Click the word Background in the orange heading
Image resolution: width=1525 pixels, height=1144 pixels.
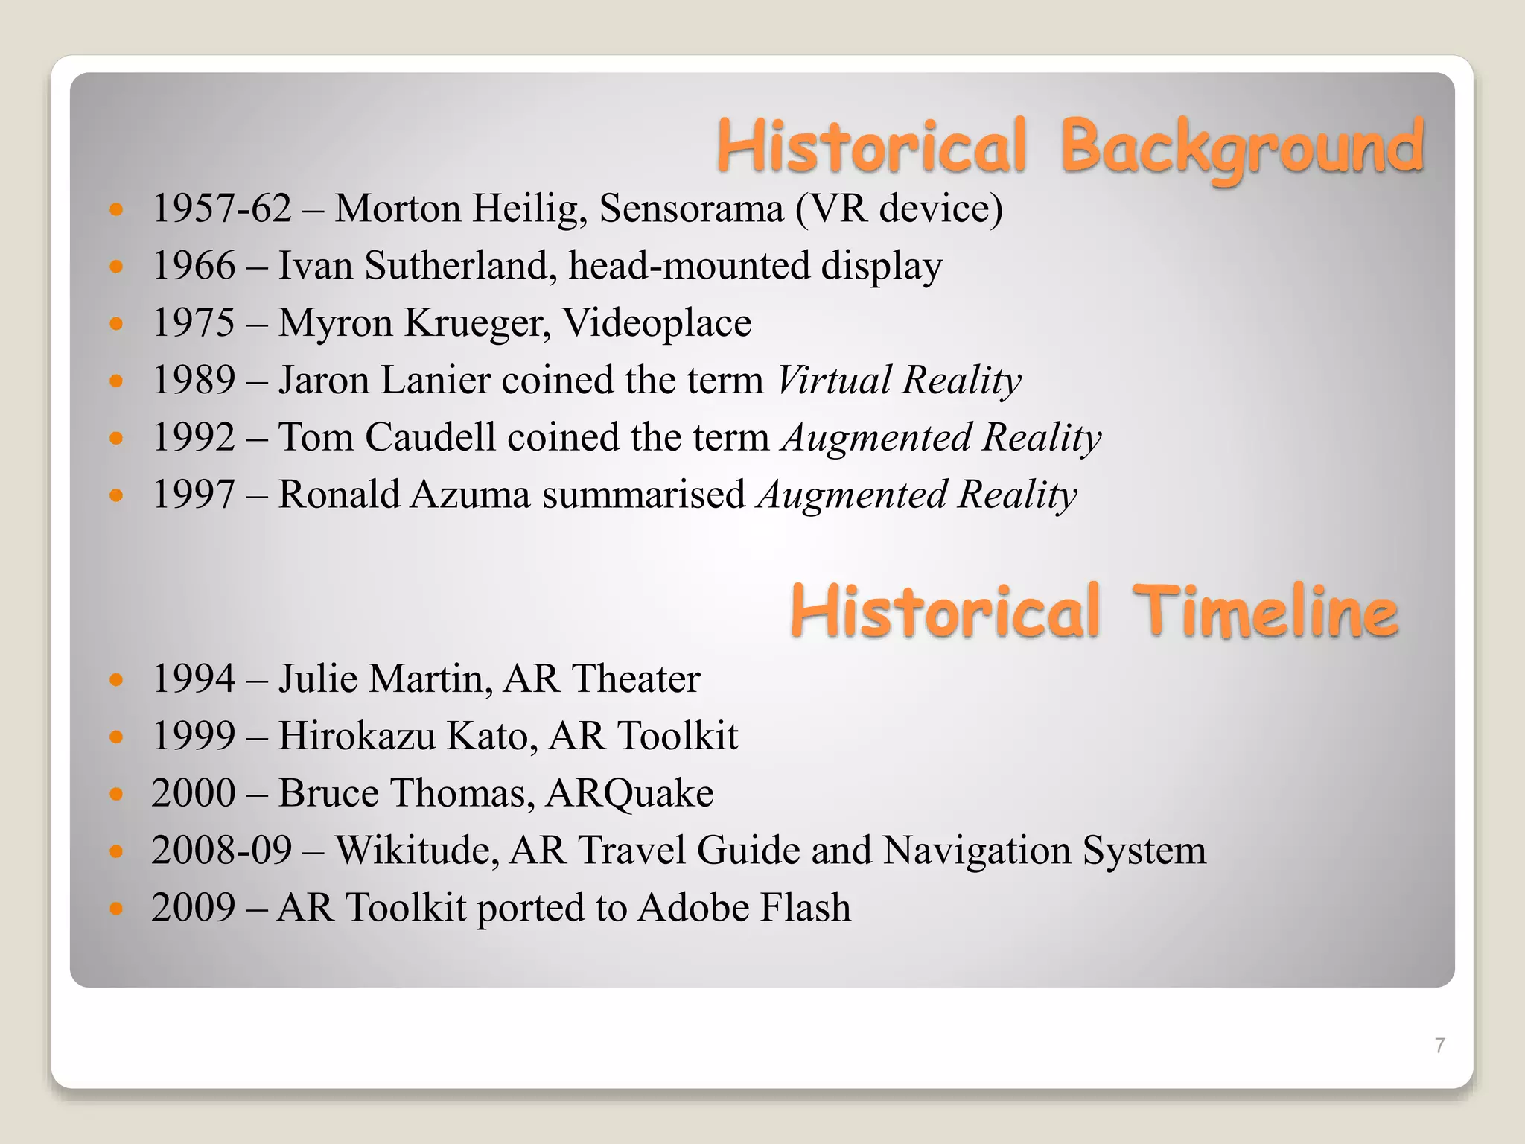(1241, 147)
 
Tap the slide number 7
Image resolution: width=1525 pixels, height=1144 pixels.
(1439, 1046)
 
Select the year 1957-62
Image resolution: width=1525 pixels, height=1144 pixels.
(221, 208)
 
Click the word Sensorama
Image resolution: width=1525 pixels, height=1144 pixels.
(691, 208)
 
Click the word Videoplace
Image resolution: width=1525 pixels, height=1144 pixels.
(657, 322)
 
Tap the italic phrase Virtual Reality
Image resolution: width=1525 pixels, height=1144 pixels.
(899, 380)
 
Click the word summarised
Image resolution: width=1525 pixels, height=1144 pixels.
(643, 495)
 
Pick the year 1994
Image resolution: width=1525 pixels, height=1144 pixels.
(194, 679)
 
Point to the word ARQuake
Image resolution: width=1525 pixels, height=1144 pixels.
(629, 792)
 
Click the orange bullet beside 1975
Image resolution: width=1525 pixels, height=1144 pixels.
(115, 323)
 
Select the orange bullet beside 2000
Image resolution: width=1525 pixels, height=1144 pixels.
(115, 794)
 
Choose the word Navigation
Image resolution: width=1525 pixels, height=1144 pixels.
(977, 850)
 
